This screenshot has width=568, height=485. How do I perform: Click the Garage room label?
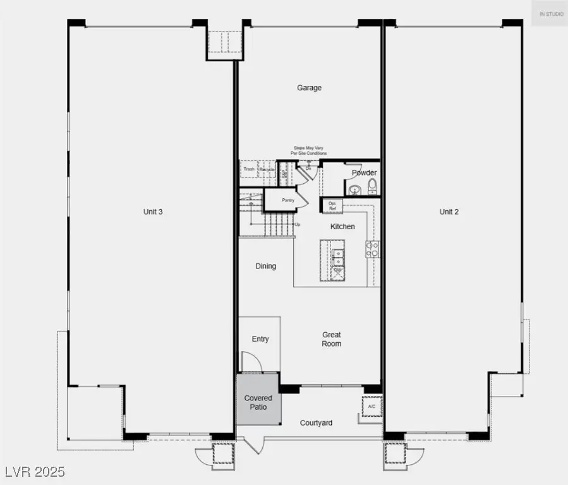click(x=309, y=88)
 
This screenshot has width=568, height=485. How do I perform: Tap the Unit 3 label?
click(x=153, y=212)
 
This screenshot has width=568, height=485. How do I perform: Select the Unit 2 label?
click(x=449, y=212)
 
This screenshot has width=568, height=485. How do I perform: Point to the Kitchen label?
click(x=342, y=226)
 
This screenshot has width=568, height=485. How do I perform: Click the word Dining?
click(x=265, y=266)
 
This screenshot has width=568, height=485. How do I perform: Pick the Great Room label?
click(x=332, y=339)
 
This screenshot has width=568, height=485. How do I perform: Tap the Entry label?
click(x=260, y=339)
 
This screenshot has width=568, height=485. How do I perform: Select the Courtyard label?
click(x=316, y=422)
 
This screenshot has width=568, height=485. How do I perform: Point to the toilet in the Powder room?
click(x=372, y=186)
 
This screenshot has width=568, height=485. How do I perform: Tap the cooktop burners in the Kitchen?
click(x=372, y=249)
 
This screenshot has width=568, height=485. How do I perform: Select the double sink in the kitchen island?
click(x=338, y=257)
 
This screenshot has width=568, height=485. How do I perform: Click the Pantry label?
click(x=288, y=200)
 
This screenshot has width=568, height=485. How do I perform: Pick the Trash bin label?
click(x=249, y=169)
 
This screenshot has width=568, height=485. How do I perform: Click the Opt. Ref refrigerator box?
click(x=332, y=205)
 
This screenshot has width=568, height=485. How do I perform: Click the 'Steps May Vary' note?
click(x=309, y=150)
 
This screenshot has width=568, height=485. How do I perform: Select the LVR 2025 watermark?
click(x=35, y=472)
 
